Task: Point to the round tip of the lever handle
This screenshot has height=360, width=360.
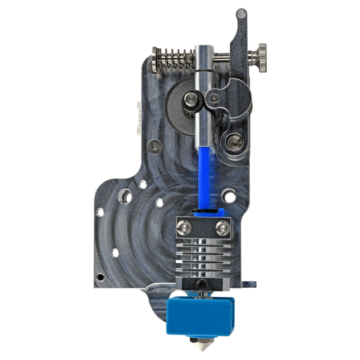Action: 241,14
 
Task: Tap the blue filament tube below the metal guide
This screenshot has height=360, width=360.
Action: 203,176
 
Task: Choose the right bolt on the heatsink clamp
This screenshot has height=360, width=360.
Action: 221,227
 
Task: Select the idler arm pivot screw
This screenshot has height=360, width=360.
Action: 215,98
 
